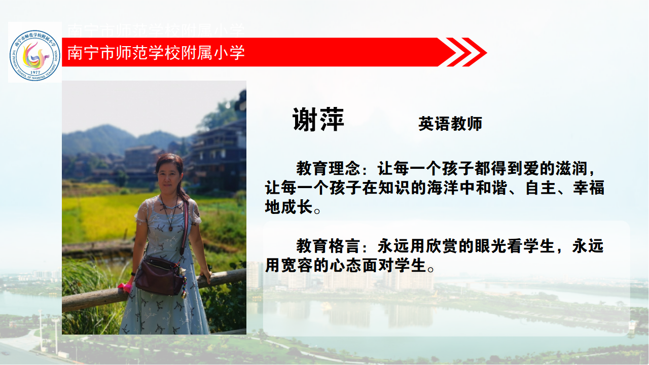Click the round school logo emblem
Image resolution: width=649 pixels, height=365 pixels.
point(35,55)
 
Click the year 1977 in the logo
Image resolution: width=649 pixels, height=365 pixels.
point(35,72)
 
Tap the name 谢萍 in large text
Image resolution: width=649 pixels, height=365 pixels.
point(318,119)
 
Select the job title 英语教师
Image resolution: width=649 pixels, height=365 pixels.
point(450,124)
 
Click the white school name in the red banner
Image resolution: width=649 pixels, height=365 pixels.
point(156,52)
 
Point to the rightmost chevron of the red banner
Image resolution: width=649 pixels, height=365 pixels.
point(474,52)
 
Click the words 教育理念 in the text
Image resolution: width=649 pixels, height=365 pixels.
point(328,168)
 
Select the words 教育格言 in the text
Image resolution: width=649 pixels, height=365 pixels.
point(328,246)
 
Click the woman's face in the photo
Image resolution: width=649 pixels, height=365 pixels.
point(169,175)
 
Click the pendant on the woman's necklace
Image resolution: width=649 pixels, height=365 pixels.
point(171,229)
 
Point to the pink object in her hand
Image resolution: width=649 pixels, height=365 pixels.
point(125,287)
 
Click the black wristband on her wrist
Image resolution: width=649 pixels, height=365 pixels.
point(133,274)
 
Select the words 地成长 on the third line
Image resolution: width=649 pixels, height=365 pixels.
point(289,207)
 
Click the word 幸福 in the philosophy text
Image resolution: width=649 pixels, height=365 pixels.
point(589,188)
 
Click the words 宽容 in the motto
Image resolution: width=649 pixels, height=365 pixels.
point(297,265)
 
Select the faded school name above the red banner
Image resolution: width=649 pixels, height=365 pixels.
point(156,30)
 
